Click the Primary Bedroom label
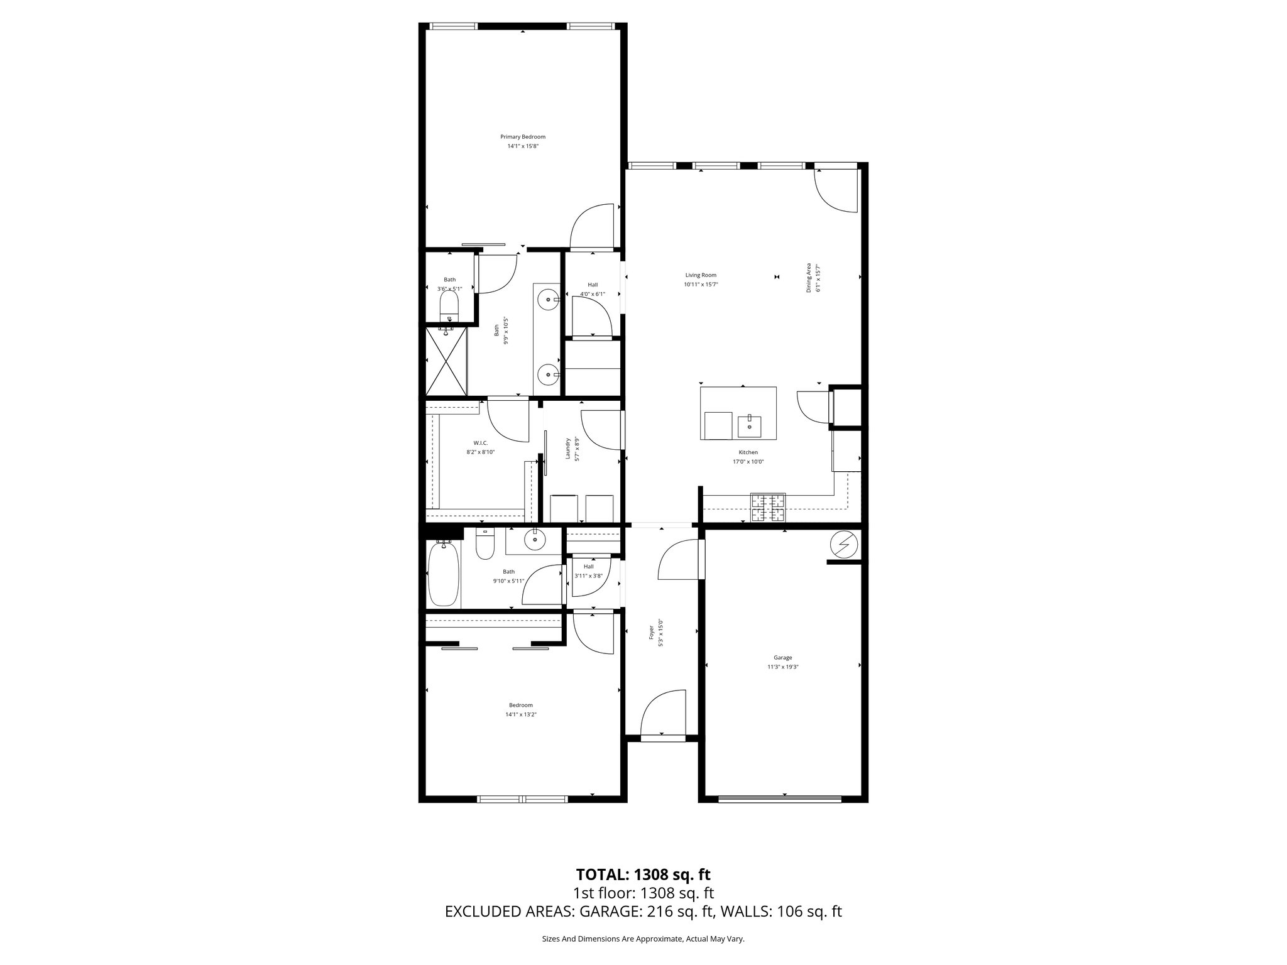click(x=522, y=137)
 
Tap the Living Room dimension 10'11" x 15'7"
click(x=701, y=285)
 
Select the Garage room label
click(x=782, y=658)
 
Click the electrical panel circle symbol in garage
click(x=843, y=545)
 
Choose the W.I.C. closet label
click(x=481, y=443)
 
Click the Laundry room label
click(x=567, y=448)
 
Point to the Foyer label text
click(x=652, y=631)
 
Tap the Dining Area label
click(x=809, y=278)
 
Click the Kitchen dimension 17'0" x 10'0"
click(x=748, y=462)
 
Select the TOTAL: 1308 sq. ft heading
click(x=643, y=874)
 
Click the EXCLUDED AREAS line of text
click(x=643, y=912)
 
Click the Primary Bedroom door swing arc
click(x=591, y=226)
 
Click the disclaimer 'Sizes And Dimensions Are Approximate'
click(x=643, y=939)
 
